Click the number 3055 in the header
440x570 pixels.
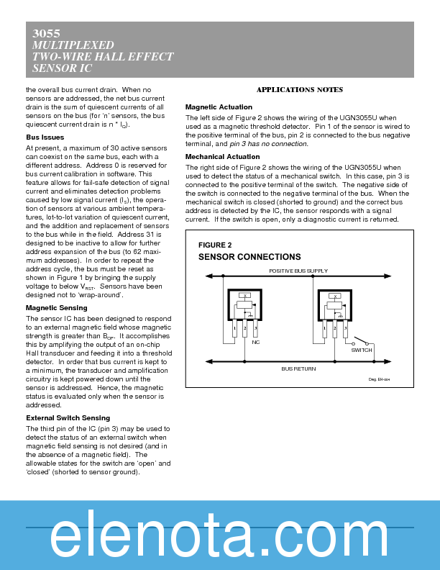point(47,34)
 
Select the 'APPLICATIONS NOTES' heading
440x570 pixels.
point(299,90)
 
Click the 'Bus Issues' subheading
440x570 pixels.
point(45,137)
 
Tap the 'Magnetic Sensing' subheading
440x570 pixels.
point(57,308)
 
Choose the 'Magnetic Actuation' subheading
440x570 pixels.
point(219,107)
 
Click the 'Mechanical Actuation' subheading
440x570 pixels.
point(222,156)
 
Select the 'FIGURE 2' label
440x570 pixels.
point(215,245)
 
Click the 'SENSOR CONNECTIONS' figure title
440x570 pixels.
point(249,257)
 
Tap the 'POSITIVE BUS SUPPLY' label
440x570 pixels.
point(298,271)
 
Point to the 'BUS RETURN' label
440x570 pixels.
point(298,368)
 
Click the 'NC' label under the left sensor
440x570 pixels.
point(255,342)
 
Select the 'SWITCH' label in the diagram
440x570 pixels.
point(362,350)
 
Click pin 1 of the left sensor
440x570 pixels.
point(234,329)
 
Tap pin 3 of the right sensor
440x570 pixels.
point(345,329)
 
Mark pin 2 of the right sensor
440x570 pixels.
point(335,329)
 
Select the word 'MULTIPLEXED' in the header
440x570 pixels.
point(70,45)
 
